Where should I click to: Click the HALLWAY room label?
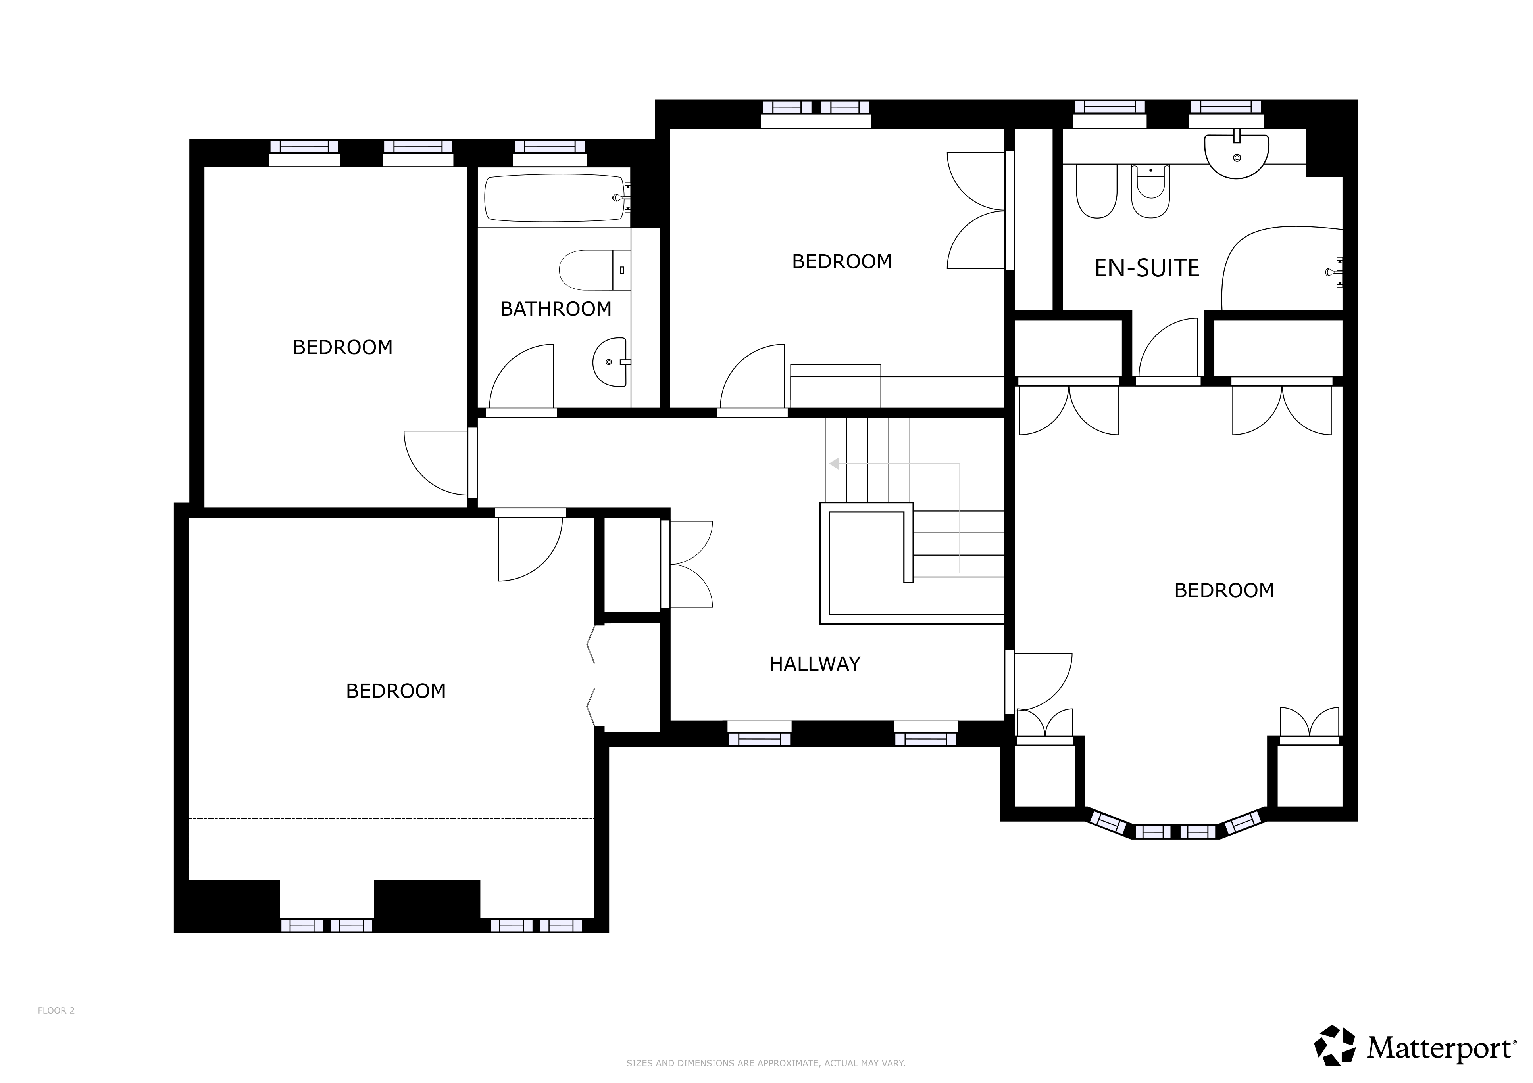point(815,664)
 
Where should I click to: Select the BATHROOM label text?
point(556,309)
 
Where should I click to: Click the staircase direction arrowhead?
point(833,464)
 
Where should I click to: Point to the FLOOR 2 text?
point(56,1010)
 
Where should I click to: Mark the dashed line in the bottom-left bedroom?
point(391,818)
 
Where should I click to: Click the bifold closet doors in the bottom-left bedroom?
point(591,677)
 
